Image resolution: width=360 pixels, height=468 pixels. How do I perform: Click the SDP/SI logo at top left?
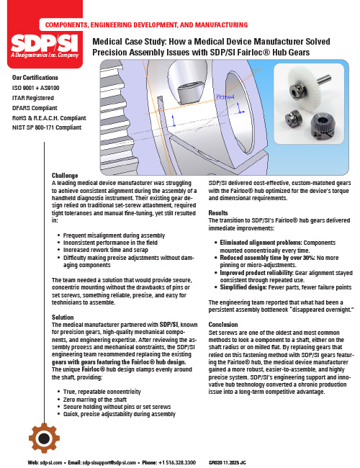tap(45, 46)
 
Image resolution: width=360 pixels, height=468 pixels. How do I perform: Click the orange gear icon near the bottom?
tap(44, 438)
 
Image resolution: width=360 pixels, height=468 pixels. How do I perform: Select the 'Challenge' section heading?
tap(65, 176)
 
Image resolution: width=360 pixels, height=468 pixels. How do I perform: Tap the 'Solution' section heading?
tap(63, 317)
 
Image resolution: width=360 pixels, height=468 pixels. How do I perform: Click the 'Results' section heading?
tap(218, 213)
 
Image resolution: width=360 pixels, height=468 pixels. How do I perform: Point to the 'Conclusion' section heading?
tap(223, 325)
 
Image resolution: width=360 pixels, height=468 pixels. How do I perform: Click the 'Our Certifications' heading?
tap(35, 78)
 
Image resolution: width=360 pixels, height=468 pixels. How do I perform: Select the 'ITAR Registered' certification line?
tap(33, 98)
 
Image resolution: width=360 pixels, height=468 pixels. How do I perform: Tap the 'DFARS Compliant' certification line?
tap(35, 108)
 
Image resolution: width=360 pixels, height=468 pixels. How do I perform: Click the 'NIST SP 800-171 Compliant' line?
tap(47, 127)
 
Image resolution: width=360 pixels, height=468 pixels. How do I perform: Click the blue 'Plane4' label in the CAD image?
tap(225, 96)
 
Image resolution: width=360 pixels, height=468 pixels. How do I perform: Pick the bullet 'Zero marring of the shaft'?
tap(95, 400)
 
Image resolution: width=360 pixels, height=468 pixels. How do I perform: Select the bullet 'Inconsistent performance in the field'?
tap(110, 243)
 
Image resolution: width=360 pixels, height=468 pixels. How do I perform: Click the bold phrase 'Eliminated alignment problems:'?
tap(261, 243)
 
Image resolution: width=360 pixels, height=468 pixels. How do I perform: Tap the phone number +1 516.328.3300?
tap(176, 462)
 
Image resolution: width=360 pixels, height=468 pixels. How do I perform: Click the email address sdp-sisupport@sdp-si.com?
tap(109, 462)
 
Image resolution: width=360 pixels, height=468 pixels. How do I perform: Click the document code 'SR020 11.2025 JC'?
tap(228, 462)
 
